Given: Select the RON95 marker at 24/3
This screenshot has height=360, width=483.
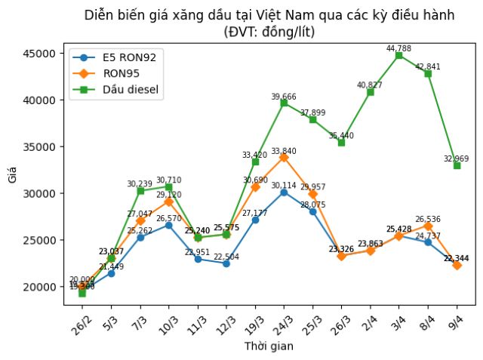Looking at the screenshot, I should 284,158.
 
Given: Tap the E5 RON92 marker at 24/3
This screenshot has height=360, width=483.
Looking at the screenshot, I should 284,192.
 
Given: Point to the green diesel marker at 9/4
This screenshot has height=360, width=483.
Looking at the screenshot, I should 457,165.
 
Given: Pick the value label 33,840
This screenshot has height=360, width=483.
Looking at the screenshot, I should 284,151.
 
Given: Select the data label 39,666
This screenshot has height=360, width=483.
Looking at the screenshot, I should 284,97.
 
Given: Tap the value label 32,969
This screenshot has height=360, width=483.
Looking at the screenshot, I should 457,158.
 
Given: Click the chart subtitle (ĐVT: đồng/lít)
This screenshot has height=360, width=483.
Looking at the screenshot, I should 269,32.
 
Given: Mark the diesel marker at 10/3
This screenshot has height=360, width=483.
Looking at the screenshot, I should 168,186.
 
